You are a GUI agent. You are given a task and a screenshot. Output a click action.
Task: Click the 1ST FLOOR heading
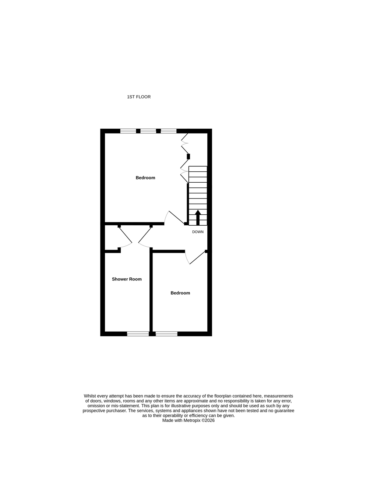click(139, 97)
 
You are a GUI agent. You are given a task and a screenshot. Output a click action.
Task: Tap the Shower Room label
click(127, 279)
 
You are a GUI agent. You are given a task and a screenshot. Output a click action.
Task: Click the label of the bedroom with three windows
click(145, 178)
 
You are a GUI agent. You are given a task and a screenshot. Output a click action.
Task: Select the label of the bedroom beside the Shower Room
click(180, 293)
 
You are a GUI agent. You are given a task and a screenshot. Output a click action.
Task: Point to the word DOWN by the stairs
click(198, 232)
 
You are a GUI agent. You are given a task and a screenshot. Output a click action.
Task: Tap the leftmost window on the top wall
click(128, 131)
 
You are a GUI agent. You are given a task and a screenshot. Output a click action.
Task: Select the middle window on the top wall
click(148, 131)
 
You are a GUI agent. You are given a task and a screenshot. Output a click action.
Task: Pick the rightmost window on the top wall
click(169, 131)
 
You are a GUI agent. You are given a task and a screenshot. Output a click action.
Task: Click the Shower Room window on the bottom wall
click(138, 334)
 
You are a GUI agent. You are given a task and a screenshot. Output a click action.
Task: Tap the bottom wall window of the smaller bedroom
click(166, 334)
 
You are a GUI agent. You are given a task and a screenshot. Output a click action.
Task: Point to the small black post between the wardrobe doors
click(188, 157)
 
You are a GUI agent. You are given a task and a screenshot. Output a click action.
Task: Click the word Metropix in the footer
click(192, 420)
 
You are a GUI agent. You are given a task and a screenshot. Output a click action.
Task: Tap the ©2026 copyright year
click(208, 420)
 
